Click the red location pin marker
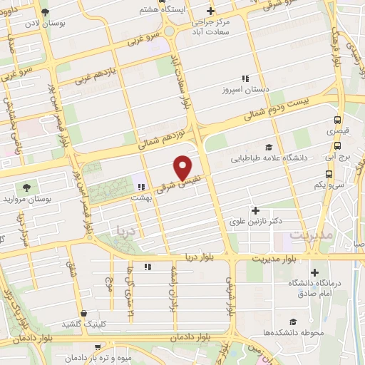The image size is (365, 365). coord(183,168)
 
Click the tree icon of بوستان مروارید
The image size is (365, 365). coord(26,187)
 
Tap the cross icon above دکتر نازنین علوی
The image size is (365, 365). coord(255,210)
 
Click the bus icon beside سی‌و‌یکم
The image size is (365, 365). coord(329,173)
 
